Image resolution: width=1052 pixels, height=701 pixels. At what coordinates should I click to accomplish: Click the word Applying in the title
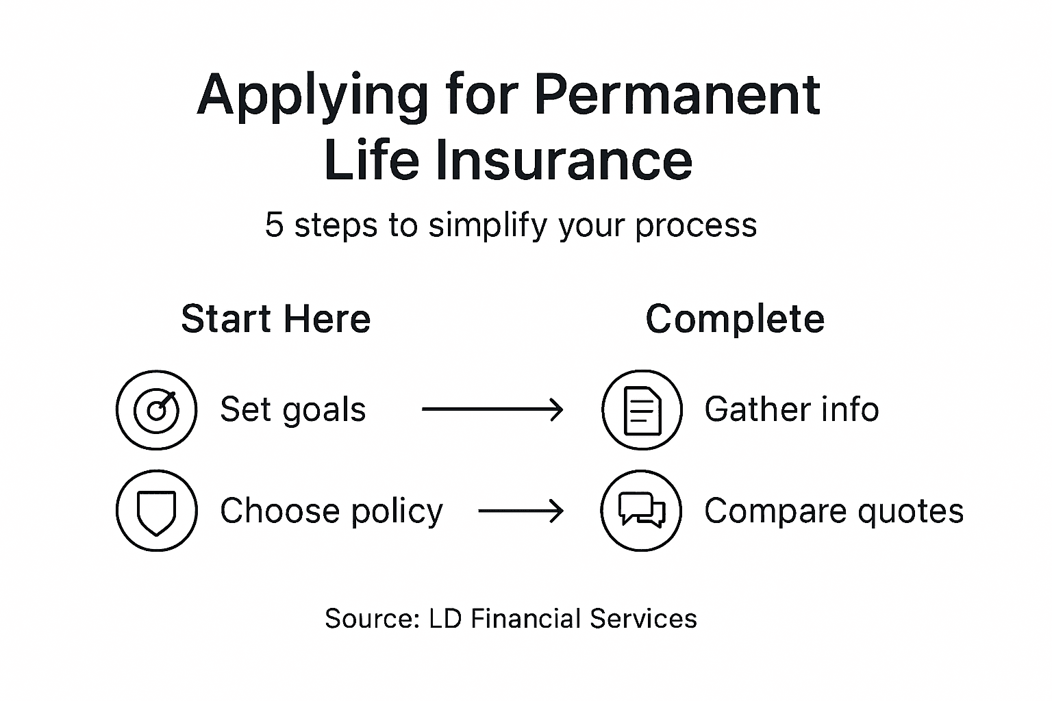(312, 96)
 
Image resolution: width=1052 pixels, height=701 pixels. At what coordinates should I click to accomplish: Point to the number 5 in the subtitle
(274, 225)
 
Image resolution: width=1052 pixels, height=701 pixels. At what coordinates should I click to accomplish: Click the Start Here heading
(275, 319)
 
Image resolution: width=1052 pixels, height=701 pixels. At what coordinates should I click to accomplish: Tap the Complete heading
(735, 319)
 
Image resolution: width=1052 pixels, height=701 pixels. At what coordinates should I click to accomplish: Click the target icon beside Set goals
(157, 410)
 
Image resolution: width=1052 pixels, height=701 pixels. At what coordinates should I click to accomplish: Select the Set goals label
(292, 410)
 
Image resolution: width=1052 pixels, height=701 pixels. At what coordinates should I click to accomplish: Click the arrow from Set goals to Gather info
(492, 410)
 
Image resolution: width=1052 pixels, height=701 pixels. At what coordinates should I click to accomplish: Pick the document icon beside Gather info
(642, 410)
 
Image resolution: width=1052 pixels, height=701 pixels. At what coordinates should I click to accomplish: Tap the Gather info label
(791, 410)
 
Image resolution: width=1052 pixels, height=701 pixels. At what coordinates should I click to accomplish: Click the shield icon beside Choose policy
(157, 511)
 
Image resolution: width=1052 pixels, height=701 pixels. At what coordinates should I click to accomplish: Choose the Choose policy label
(331, 511)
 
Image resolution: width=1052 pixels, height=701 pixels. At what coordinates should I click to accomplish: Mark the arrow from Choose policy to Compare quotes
(521, 511)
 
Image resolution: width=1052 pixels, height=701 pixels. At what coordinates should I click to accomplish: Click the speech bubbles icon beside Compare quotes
(642, 511)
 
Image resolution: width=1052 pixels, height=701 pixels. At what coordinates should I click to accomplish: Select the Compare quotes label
(834, 511)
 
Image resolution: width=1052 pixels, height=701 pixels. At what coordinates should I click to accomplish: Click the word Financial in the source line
(526, 619)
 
